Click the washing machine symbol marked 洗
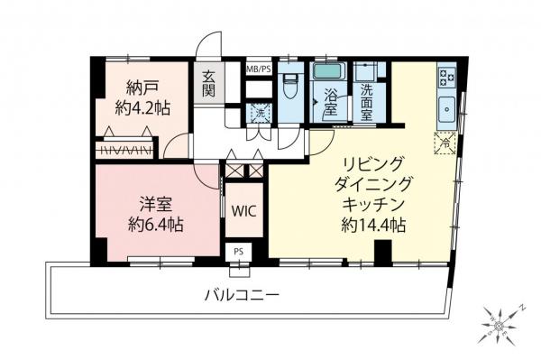pos(257,115)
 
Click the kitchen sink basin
pos(446,109)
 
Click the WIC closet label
pos(244,211)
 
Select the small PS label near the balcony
pos(238,251)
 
